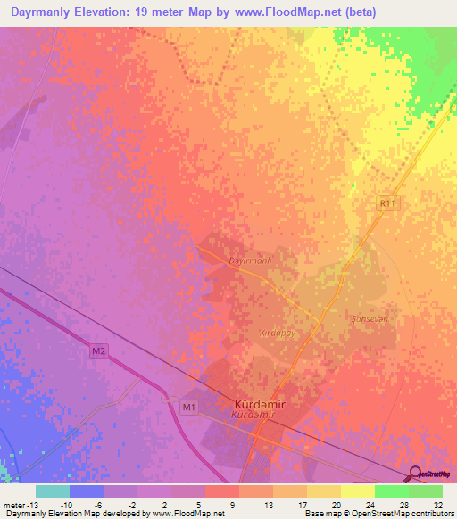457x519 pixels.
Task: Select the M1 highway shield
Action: (188, 408)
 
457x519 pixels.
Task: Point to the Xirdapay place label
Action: (277, 332)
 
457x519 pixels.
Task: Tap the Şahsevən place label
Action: (370, 318)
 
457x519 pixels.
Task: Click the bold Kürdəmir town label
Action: (261, 402)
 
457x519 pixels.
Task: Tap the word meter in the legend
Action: (14, 505)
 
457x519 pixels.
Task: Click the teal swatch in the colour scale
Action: (53, 491)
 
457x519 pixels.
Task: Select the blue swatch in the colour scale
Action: (87, 491)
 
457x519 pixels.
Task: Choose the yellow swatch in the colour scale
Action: (358, 491)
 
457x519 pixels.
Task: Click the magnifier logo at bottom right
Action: (415, 474)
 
